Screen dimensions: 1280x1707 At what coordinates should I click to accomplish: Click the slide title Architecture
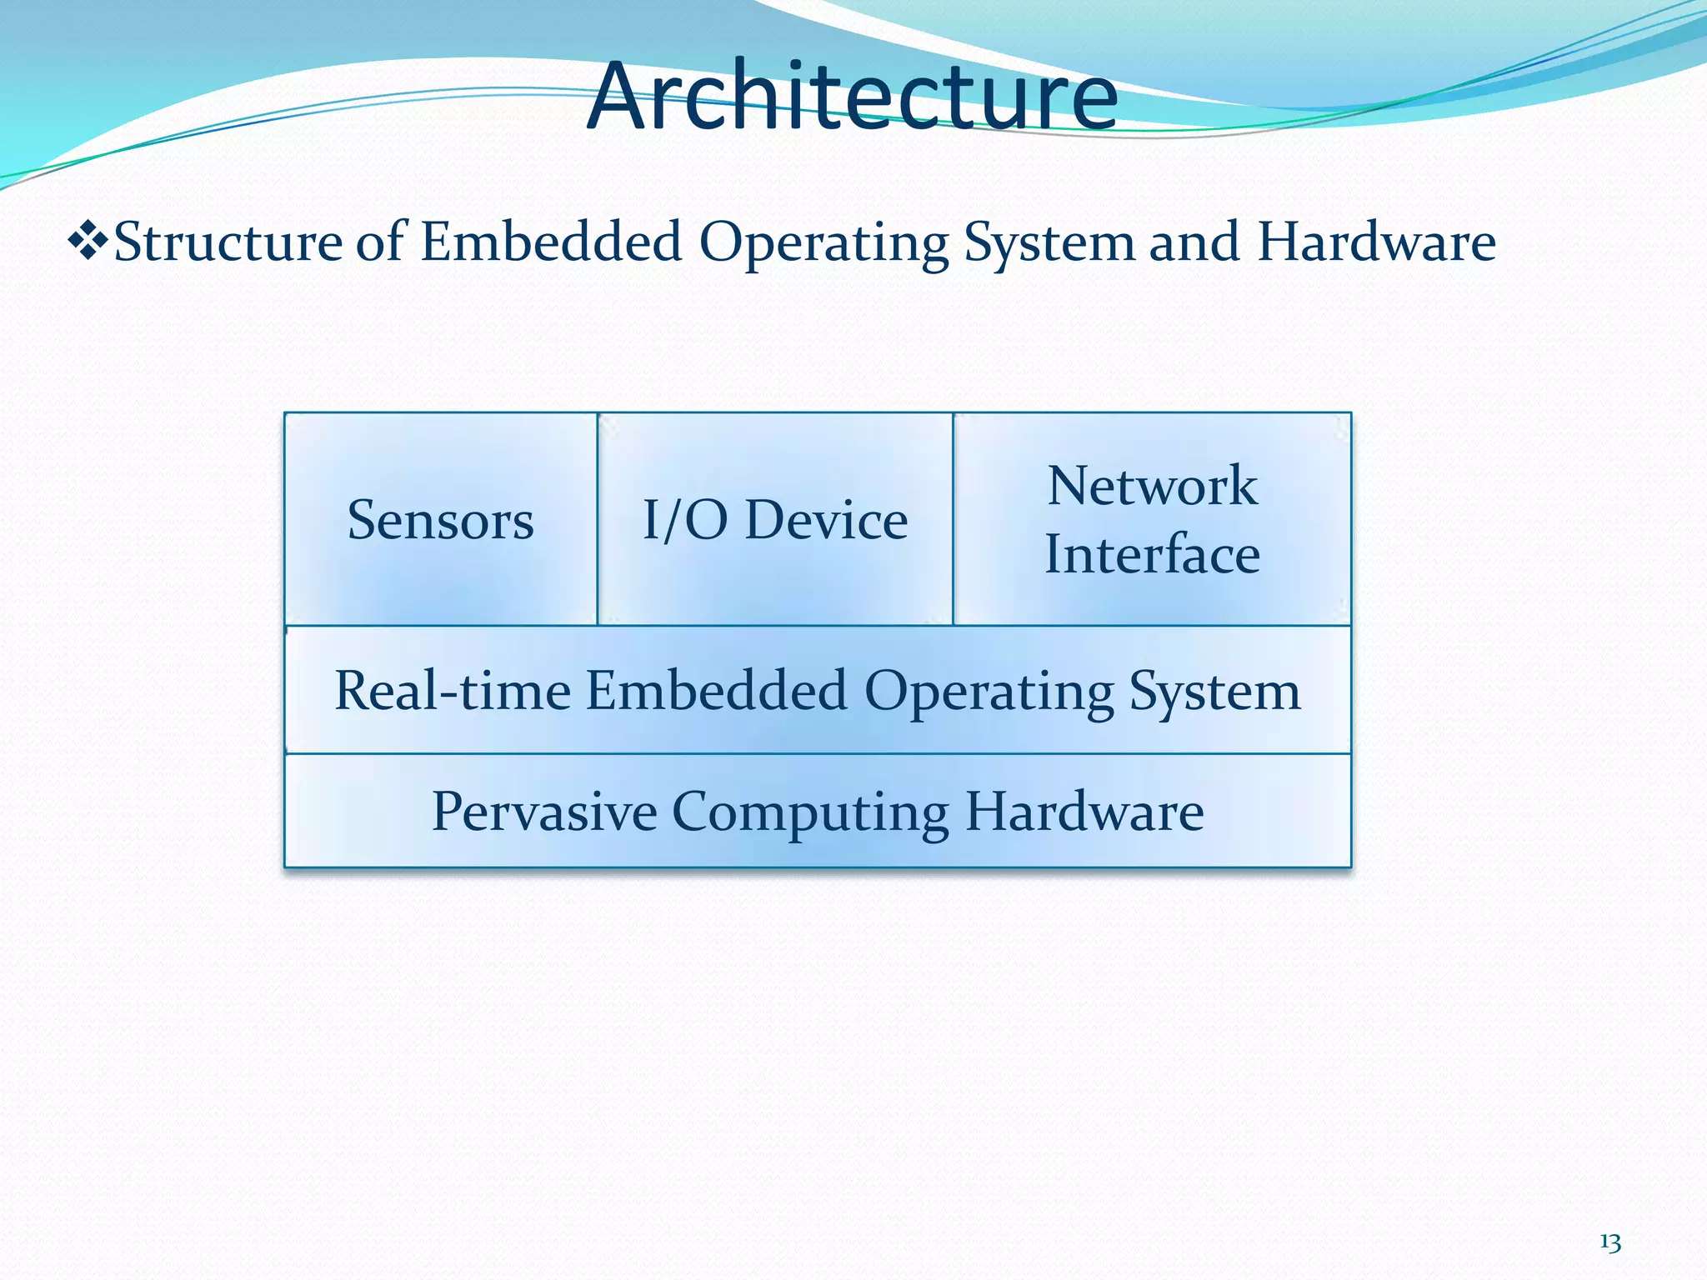[x=852, y=96]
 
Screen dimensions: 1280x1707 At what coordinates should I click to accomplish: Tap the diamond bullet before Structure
[x=88, y=242]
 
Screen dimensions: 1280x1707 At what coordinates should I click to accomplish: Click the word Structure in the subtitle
[x=228, y=242]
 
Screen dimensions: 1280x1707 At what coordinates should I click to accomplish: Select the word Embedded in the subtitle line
[x=551, y=242]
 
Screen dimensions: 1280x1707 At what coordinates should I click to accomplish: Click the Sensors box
[x=440, y=520]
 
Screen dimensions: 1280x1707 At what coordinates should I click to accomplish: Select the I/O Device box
[x=774, y=520]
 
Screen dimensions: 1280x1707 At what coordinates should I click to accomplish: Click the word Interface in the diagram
[x=1152, y=554]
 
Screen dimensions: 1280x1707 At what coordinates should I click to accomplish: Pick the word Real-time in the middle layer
[x=453, y=691]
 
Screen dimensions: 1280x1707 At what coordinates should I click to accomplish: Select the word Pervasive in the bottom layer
[x=544, y=811]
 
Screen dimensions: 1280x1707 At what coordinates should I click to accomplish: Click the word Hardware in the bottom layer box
[x=1084, y=811]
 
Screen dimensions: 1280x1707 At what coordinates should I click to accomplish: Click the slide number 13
[x=1609, y=1242]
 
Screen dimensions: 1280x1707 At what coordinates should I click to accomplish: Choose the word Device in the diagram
[x=825, y=520]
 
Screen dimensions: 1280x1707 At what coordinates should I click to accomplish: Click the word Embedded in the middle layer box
[x=717, y=691]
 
